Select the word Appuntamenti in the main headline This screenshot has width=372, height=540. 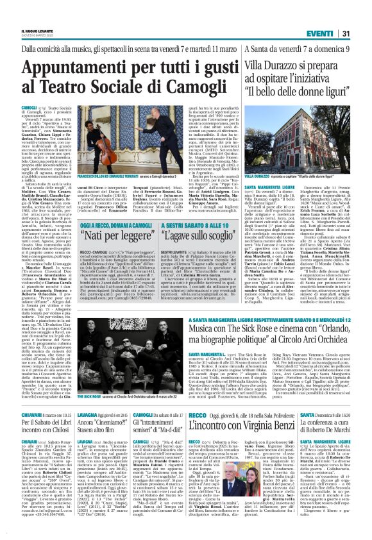coord(87,69)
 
